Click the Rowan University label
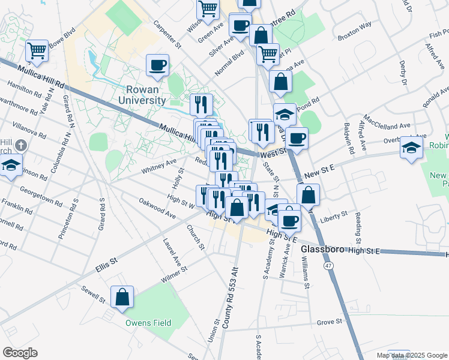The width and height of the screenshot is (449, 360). tap(145, 95)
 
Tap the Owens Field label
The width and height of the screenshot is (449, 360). tap(148, 323)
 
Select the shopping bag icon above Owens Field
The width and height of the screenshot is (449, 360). tap(122, 297)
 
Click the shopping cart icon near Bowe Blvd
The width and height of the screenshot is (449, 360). tap(37, 51)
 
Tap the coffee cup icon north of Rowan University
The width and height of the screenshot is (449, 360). tap(157, 65)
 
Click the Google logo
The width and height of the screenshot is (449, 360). tap(20, 353)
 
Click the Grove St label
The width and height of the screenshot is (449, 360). tap(329, 322)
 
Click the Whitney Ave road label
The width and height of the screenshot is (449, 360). tap(159, 166)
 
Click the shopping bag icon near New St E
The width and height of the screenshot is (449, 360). tap(308, 195)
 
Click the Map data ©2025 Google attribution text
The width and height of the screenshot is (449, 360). tap(411, 355)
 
